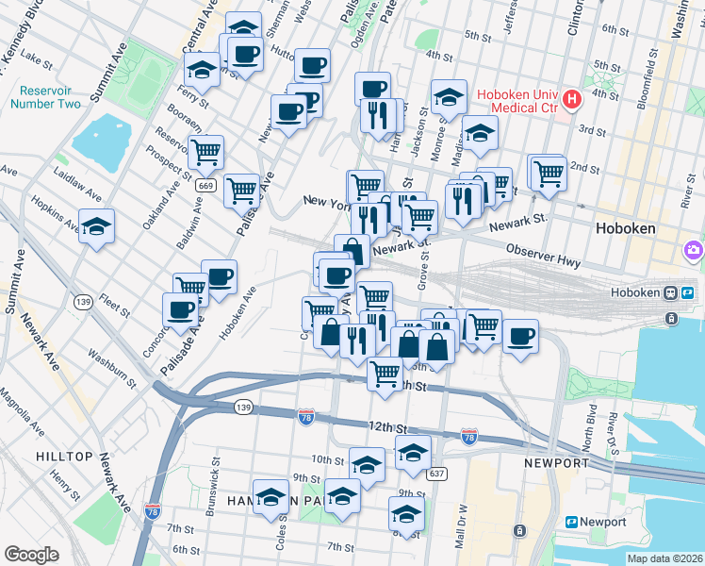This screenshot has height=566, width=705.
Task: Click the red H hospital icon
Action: tap(571, 99)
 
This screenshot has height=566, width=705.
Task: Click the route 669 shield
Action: tap(205, 186)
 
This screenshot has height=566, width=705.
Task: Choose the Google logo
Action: tap(31, 555)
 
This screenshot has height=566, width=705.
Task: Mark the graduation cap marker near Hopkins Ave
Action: tap(96, 227)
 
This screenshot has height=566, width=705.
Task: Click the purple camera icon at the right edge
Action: tap(695, 250)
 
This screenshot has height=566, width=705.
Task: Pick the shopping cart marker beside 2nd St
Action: tap(548, 173)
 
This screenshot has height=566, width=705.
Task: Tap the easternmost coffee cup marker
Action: tap(519, 336)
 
